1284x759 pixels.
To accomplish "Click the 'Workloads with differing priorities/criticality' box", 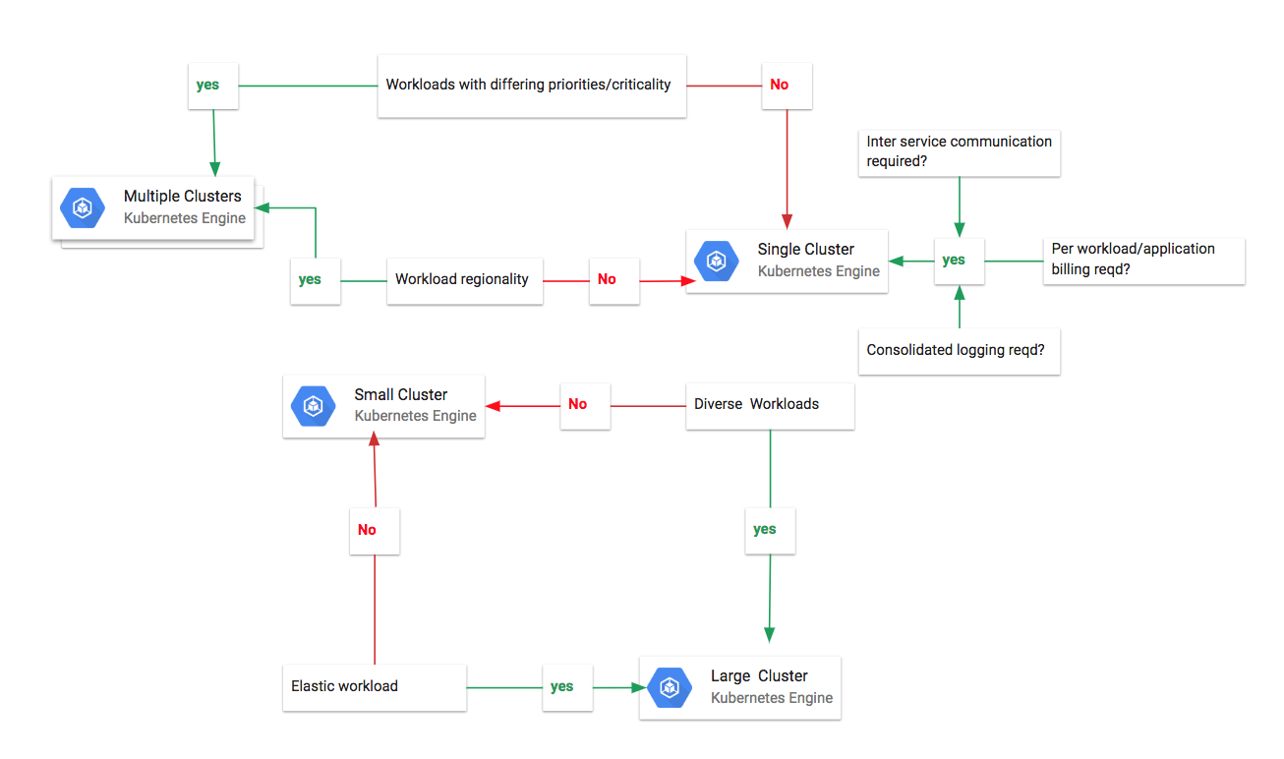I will pyautogui.click(x=531, y=86).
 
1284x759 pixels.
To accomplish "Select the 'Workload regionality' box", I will pyautogui.click(x=464, y=279).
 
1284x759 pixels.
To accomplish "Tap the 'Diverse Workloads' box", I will pyautogui.click(x=769, y=404).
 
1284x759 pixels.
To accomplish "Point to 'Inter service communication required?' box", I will pyautogui.click(x=959, y=151).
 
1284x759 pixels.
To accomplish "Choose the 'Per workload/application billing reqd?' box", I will pyautogui.click(x=1143, y=260).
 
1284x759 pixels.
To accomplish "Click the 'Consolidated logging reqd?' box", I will pyautogui.click(x=959, y=350).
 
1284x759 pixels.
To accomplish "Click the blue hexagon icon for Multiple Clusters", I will pyautogui.click(x=83, y=207).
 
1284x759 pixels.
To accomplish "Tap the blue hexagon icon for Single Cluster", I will pyautogui.click(x=716, y=261).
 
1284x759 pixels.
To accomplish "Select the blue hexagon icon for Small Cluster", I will pyautogui.click(x=313, y=405).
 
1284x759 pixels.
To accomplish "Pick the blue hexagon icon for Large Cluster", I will pyautogui.click(x=670, y=687).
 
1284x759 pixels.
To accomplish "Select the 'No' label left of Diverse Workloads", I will pyautogui.click(x=578, y=404).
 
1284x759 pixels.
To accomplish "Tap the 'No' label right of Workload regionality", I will pyautogui.click(x=608, y=279).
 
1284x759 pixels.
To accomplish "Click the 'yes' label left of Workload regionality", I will pyautogui.click(x=311, y=279).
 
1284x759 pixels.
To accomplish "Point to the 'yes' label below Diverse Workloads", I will pyautogui.click(x=765, y=530).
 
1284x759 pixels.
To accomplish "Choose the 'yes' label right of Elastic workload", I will pyautogui.click(x=562, y=686).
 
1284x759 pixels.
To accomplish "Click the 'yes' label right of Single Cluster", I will pyautogui.click(x=954, y=261).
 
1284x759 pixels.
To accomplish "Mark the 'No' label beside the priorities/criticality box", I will pyautogui.click(x=780, y=85).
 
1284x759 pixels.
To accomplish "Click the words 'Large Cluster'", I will pyautogui.click(x=759, y=676).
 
